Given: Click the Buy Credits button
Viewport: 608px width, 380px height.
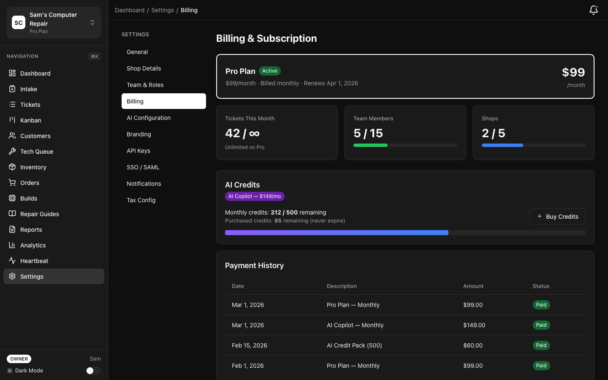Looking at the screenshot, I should coord(557,217).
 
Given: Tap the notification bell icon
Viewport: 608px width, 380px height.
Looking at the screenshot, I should coord(593,10).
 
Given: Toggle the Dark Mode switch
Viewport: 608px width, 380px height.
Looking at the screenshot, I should coord(93,371).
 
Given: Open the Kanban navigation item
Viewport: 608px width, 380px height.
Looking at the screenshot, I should coord(31,120).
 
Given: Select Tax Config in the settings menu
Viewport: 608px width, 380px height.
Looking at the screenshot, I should coord(141,200).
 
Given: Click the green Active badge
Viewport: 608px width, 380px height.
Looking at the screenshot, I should coord(270,71).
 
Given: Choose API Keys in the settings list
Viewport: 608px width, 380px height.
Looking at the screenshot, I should coord(138,151).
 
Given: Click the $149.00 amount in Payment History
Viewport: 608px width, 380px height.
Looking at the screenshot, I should coord(474,325).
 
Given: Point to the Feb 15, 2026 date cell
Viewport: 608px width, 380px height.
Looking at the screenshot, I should coord(250,345).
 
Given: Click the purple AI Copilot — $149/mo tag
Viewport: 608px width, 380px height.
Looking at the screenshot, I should coord(255,196).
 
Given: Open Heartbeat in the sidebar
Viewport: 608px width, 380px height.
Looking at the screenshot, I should coord(34,261).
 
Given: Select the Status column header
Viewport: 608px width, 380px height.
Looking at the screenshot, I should coord(541,286).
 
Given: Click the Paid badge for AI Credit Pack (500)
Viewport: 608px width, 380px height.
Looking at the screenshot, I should coord(541,345).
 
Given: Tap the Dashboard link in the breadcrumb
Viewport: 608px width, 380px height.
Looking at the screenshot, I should coord(130,10).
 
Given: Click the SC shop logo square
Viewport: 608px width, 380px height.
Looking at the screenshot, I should coord(19,23).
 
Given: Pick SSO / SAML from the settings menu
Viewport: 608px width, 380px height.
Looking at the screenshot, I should coord(143,167).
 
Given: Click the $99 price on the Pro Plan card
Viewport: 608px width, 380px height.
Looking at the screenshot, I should coord(573,72).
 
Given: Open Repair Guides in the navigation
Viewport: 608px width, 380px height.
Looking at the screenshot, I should coord(40,214).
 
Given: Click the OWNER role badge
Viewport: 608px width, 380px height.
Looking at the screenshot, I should coord(19,359).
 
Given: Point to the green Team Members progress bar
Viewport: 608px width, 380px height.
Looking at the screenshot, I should coord(370,145).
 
